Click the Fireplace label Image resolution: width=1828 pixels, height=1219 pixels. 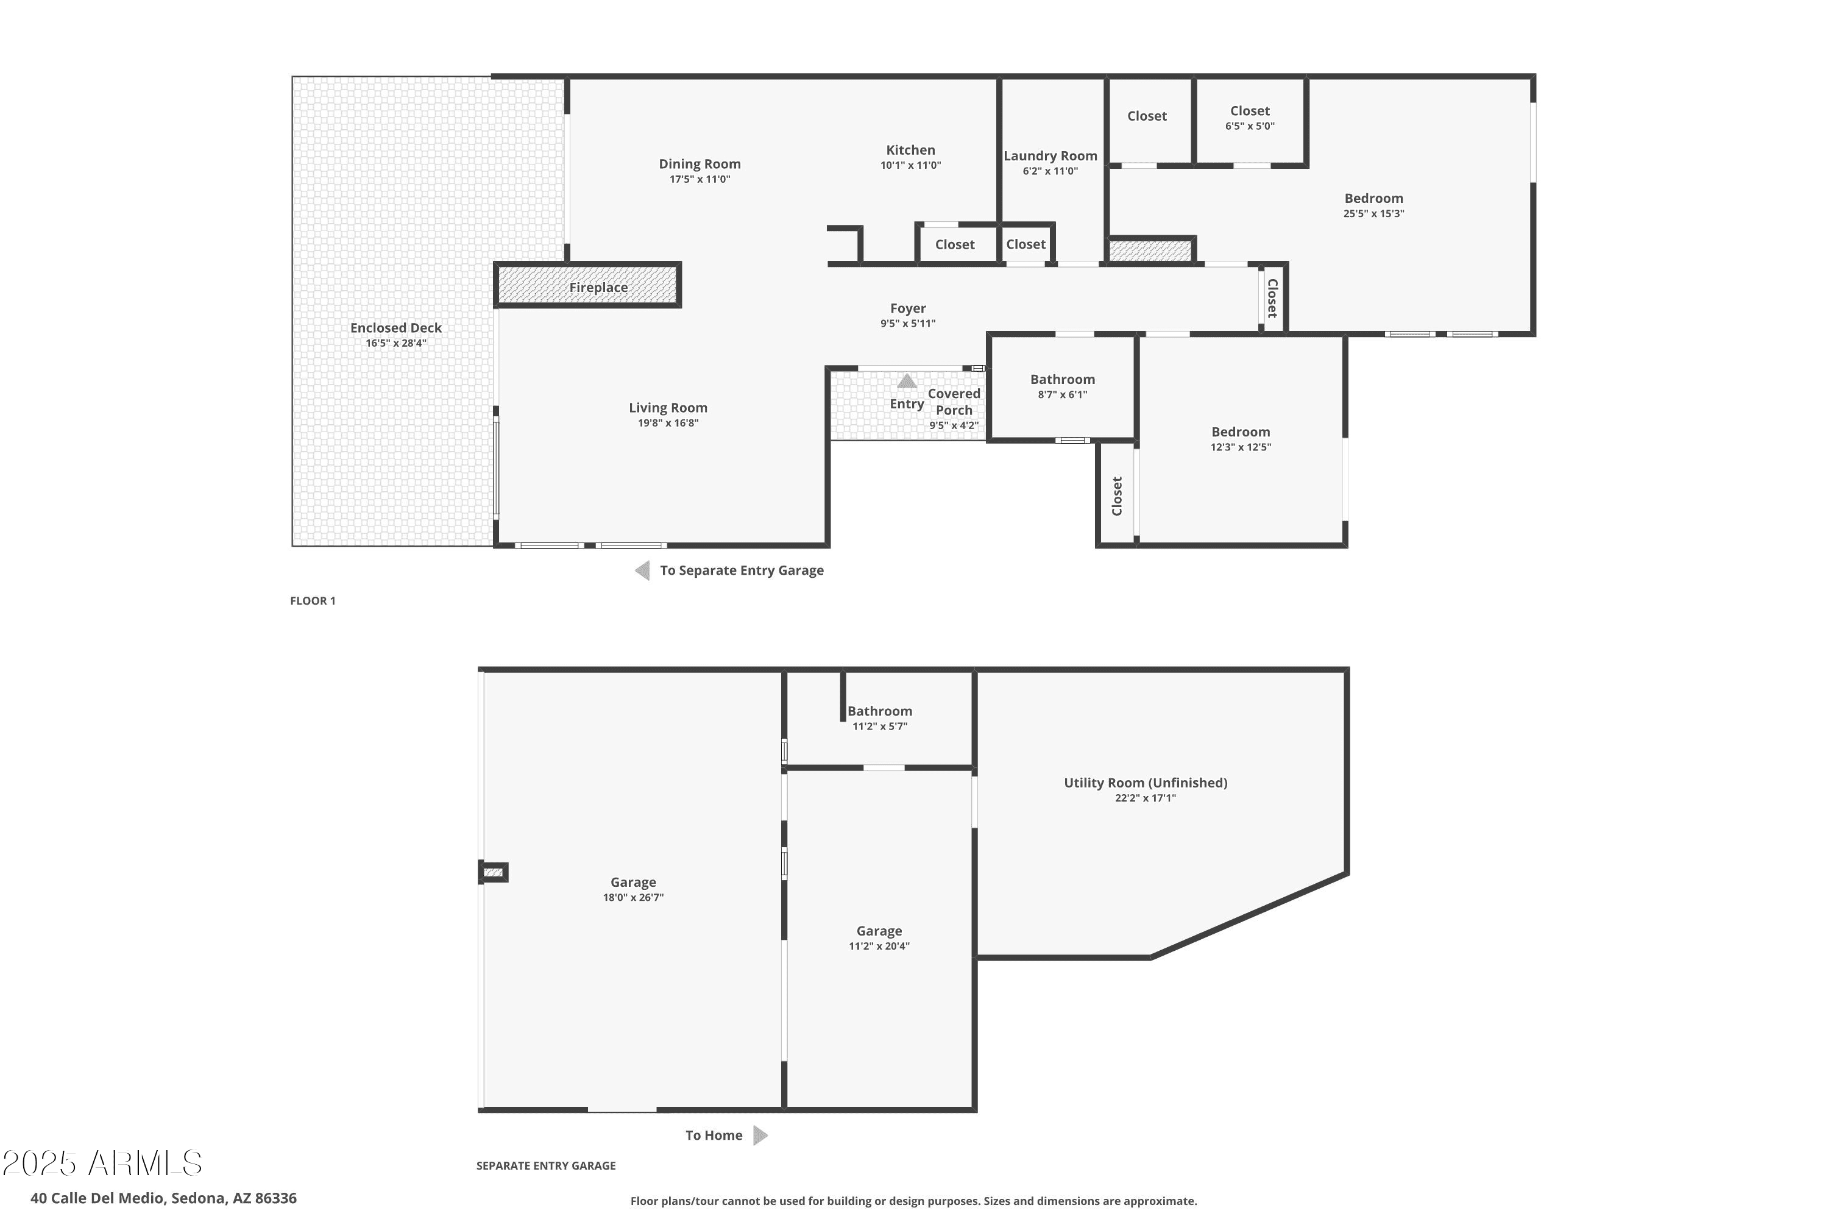click(598, 288)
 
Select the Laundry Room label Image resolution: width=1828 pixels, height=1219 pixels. click(1050, 156)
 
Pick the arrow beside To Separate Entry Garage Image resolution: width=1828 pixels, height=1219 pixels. click(642, 570)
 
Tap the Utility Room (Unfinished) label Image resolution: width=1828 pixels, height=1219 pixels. click(1146, 783)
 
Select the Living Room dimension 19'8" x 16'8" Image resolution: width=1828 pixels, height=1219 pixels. click(668, 423)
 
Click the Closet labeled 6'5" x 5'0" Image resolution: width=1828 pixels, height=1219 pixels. click(1250, 111)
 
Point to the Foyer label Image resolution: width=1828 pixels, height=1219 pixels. click(908, 308)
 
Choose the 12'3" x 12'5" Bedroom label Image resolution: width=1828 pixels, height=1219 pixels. click(1241, 432)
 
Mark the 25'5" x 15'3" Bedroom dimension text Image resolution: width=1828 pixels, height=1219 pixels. click(1373, 214)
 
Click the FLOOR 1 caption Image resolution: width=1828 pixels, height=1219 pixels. click(313, 601)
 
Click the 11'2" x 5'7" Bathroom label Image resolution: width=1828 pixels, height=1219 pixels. click(880, 711)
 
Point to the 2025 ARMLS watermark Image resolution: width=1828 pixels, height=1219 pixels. click(102, 1164)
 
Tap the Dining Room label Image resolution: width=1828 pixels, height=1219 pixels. click(700, 164)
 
